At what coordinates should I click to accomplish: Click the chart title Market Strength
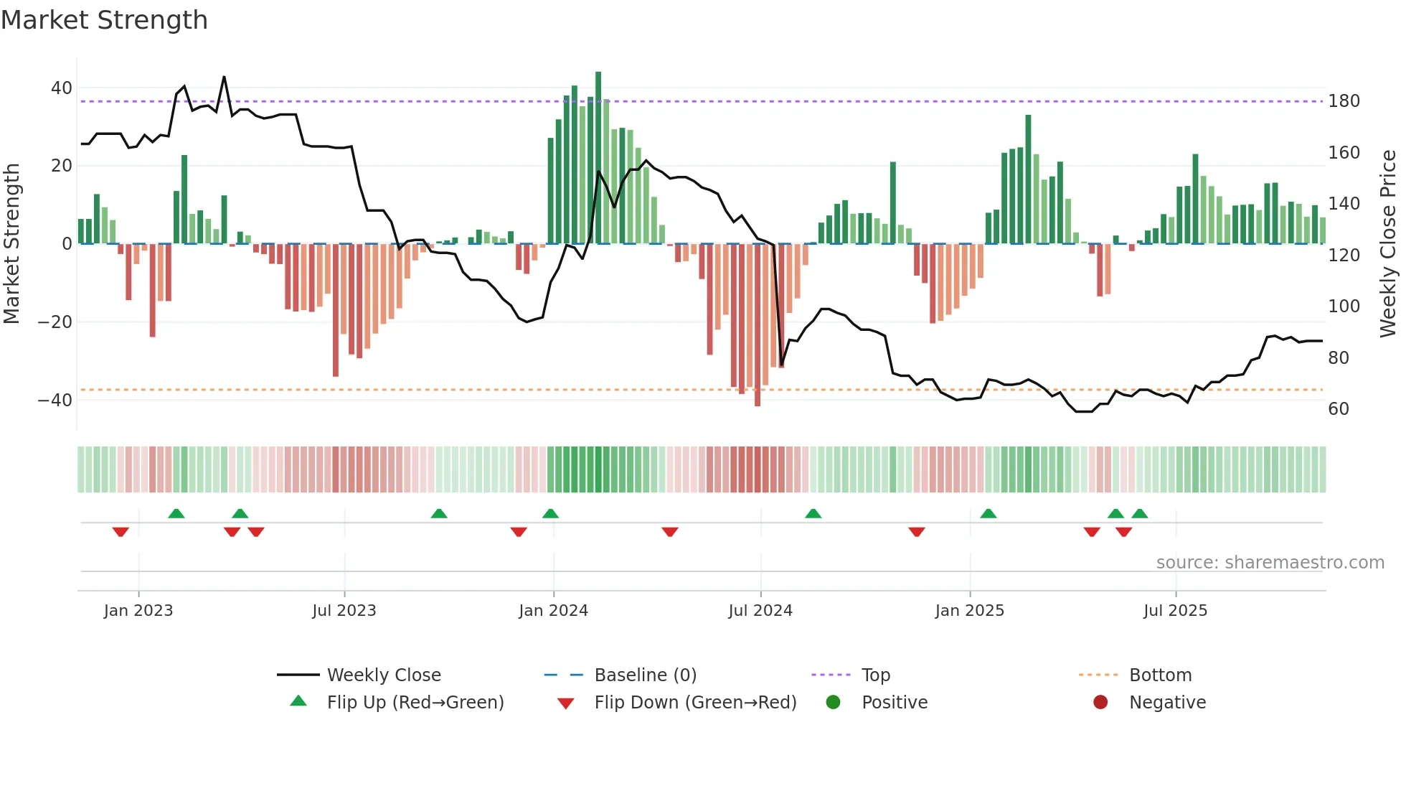pos(104,20)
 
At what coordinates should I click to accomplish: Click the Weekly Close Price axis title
pos(1388,243)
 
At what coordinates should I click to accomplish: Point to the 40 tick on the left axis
pos(61,88)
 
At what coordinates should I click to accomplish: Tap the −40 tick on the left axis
pos(55,400)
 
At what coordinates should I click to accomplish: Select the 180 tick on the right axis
pos(1344,101)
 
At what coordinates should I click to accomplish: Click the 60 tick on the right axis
pos(1339,409)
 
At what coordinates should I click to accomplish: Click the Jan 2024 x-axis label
pos(553,611)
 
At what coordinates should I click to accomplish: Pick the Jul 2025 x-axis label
pos(1175,611)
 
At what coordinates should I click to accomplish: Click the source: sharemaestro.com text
pos(1270,563)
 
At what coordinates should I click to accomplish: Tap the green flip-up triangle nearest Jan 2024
pos(550,513)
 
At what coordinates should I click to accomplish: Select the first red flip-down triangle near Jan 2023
pos(121,532)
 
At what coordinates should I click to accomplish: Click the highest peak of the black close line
pos(225,77)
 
